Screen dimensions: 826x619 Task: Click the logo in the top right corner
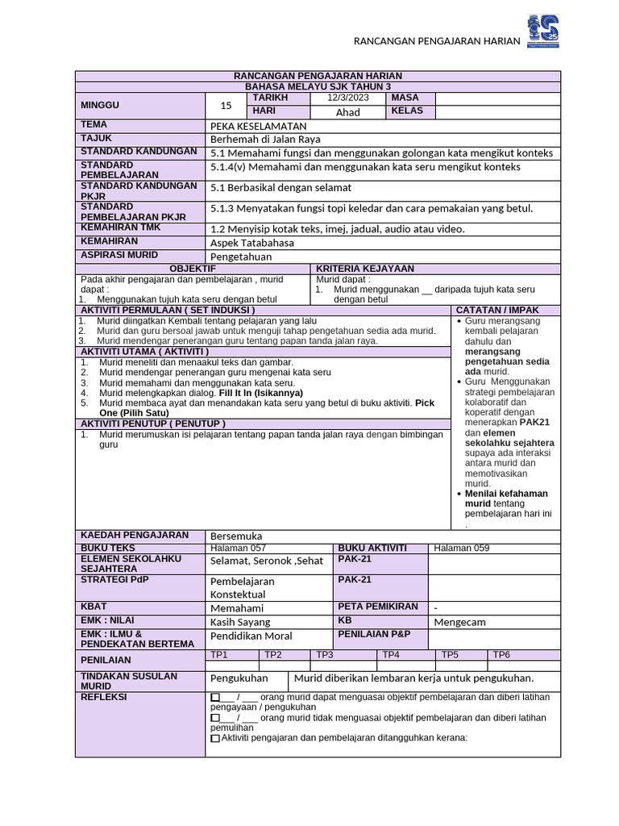[x=542, y=31]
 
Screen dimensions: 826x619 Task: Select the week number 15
[x=226, y=105]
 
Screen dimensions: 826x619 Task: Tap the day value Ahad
[x=347, y=112]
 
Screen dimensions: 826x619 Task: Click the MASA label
[x=405, y=98]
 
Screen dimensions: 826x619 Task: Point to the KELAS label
[x=407, y=111]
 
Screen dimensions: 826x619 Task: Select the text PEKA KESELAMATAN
[x=258, y=126]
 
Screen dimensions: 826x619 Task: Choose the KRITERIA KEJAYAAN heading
[x=365, y=269]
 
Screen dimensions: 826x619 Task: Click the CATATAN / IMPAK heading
[x=497, y=310]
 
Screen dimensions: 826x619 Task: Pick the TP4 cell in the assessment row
[x=391, y=655]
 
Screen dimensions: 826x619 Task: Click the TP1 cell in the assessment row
[x=219, y=655]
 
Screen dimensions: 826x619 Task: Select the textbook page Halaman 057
[x=238, y=549]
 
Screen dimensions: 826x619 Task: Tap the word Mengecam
[x=460, y=622]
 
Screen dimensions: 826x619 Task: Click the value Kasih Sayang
[x=241, y=622]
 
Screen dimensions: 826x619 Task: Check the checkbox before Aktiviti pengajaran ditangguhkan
[x=214, y=738]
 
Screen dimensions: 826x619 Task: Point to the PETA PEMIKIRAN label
[x=378, y=607]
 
